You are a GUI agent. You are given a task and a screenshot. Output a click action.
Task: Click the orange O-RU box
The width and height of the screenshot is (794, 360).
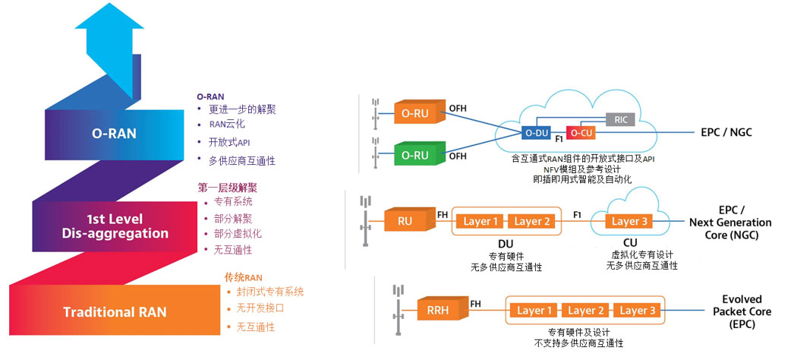click(414, 113)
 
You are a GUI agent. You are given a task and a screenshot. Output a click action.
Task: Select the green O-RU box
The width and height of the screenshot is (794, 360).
click(414, 155)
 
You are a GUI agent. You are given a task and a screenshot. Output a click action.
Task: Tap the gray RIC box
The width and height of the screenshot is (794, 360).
click(619, 119)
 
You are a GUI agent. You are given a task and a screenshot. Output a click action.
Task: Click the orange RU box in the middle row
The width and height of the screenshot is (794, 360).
click(405, 221)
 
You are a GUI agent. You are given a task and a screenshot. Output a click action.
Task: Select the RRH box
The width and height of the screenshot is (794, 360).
click(438, 311)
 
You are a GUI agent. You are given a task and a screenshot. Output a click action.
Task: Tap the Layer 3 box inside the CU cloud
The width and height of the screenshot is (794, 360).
click(626, 221)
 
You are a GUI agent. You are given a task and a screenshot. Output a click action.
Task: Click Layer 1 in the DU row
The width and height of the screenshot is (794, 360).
click(477, 221)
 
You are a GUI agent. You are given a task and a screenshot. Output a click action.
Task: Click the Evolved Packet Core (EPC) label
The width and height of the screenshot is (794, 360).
click(742, 311)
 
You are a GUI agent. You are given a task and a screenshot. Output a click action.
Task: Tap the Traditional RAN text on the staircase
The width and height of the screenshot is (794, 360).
click(115, 312)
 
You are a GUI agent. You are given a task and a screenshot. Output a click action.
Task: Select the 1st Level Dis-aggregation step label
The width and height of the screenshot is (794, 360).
click(115, 226)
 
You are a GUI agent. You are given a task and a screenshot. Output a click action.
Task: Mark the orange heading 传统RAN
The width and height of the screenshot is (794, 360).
click(243, 276)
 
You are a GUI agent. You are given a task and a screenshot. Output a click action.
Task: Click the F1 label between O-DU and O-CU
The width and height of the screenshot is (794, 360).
click(558, 139)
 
